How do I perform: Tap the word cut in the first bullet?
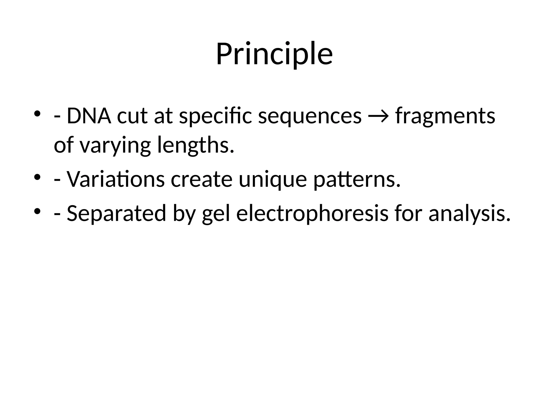coord(132,116)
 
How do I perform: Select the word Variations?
coord(116,179)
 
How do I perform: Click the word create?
coord(202,179)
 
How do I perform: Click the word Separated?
coord(116,213)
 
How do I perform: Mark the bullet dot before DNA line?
coord(37,114)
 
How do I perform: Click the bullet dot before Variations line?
coord(37,177)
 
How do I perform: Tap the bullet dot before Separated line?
coord(37,211)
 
